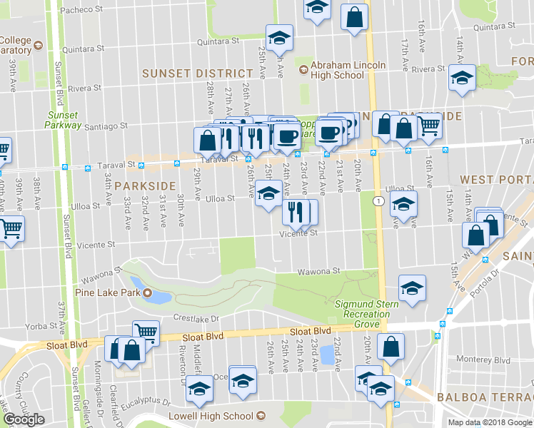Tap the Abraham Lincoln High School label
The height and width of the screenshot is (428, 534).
[343, 70]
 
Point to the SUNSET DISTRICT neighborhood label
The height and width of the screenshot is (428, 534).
[198, 73]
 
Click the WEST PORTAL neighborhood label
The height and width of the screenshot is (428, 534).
[496, 179]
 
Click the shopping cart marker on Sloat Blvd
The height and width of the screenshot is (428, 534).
[145, 331]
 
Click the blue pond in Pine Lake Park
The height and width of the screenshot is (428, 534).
[161, 295]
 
